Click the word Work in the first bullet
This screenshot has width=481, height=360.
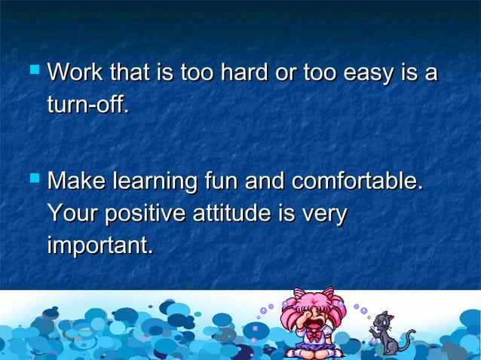coord(73,75)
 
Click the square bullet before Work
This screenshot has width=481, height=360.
coord(32,73)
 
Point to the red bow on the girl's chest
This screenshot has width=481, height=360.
coord(312,332)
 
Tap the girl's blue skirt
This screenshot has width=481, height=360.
coord(312,346)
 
